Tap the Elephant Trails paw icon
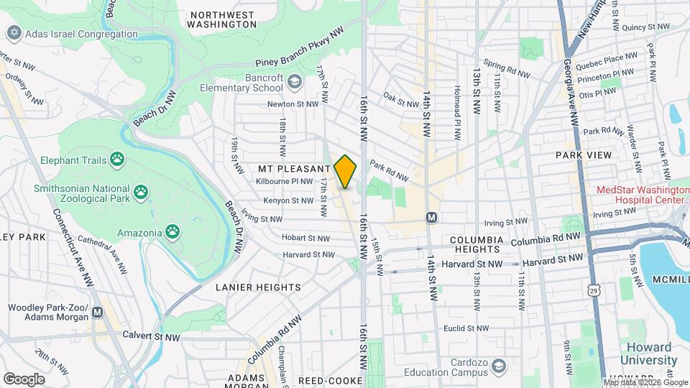click(x=116, y=160)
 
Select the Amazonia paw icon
click(x=172, y=231)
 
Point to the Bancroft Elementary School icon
click(x=294, y=82)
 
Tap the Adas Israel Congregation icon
click(x=13, y=33)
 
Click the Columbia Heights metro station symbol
click(x=431, y=217)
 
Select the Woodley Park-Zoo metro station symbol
click(x=97, y=313)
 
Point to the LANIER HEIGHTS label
click(x=258, y=287)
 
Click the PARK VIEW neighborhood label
click(x=583, y=155)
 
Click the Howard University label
click(x=648, y=353)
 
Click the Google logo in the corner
click(x=24, y=379)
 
